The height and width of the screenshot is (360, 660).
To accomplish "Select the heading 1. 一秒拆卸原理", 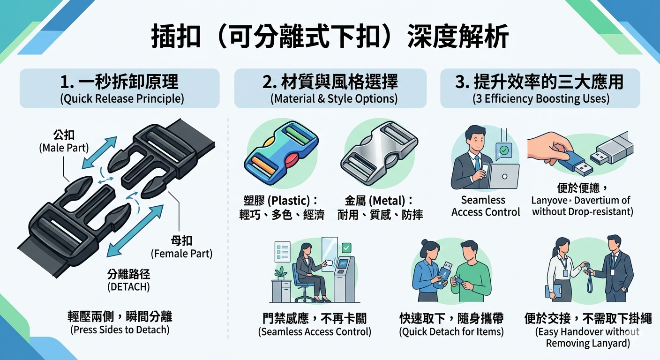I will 120,82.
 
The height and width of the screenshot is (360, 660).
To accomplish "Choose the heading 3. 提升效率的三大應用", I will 540,82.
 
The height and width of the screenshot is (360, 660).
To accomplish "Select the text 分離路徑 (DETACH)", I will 128,280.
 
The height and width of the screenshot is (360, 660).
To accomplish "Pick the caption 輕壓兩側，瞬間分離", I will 120,316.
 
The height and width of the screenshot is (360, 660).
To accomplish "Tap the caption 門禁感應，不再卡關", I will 315,319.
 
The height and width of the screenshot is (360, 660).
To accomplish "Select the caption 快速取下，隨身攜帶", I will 451,319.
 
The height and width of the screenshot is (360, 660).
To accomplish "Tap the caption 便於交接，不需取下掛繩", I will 588,319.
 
